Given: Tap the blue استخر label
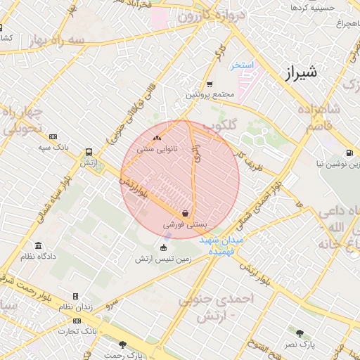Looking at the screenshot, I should [242, 65].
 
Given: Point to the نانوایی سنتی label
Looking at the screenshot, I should [156, 148].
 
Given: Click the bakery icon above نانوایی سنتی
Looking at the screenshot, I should [156, 139].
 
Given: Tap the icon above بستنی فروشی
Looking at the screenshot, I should [185, 214].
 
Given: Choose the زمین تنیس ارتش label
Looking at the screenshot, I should [165, 258].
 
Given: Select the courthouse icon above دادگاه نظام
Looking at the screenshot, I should [37, 246].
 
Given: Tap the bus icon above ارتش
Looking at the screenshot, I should [88, 152].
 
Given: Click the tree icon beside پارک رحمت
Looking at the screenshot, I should [123, 345].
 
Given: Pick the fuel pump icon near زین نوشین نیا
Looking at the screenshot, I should [349, 153].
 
